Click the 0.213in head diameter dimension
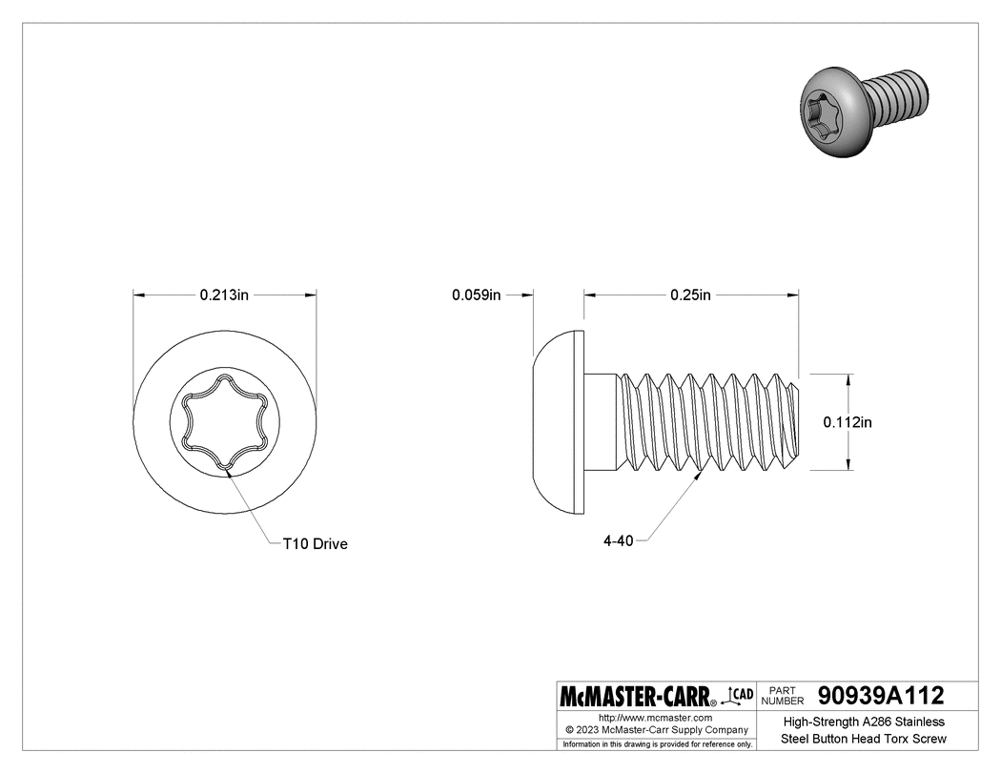(x=224, y=295)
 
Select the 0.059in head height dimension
(x=476, y=295)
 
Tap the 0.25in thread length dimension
(x=690, y=295)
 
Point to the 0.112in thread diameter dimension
(x=848, y=421)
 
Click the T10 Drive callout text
(x=315, y=544)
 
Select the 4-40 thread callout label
(x=619, y=540)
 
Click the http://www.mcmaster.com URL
(x=655, y=717)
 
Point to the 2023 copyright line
(x=655, y=729)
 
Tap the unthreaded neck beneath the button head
(x=601, y=421)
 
